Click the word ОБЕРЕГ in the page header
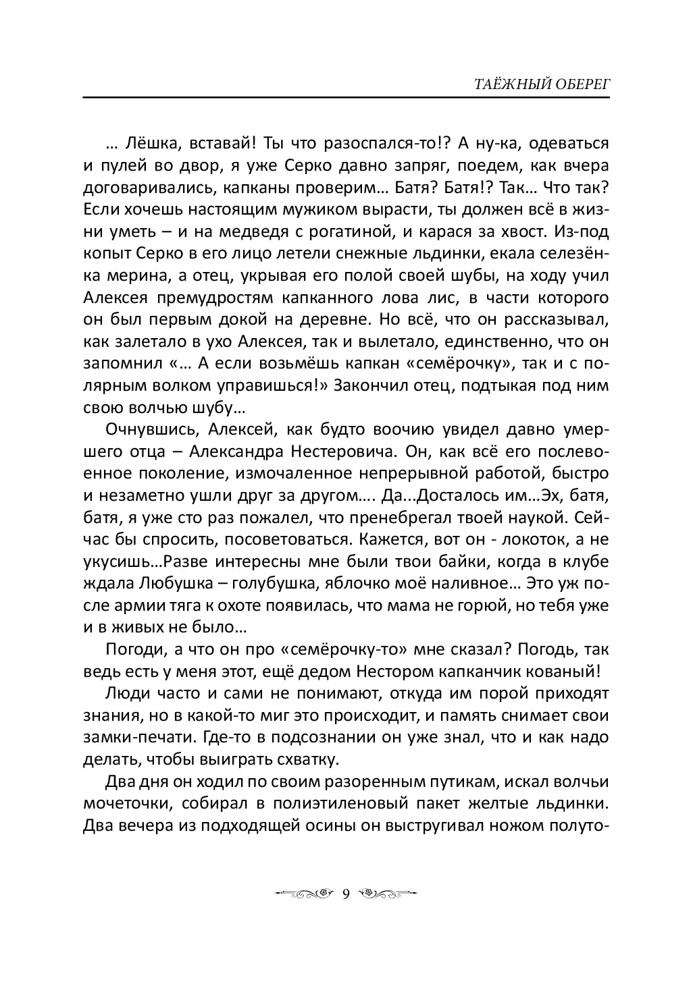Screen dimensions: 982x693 click(581, 84)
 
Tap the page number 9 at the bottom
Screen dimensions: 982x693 click(346, 895)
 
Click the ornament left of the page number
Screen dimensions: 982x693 click(305, 895)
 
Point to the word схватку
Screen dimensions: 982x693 click(300, 760)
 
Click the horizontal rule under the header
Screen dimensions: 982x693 click(346, 99)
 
